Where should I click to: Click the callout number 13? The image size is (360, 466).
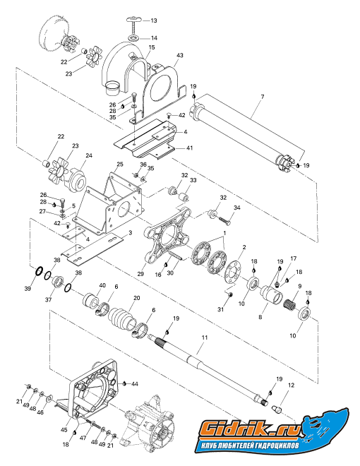coord(154,20)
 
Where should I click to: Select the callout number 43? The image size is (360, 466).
coord(180,55)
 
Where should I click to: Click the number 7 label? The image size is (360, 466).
coord(263,97)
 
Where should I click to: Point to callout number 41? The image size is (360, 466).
coord(189,148)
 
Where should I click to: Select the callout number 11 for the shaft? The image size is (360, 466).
coord(205,337)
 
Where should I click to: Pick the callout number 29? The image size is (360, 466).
coord(140,273)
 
